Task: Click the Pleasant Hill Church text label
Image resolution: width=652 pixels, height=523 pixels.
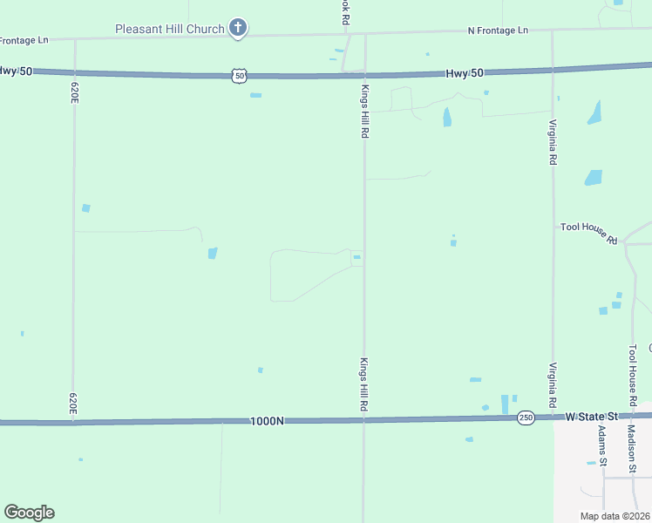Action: coord(170,29)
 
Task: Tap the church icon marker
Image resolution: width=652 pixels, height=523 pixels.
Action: coord(237,28)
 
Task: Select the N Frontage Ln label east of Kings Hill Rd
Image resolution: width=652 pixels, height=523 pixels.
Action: coord(498,31)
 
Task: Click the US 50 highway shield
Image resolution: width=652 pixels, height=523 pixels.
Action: coord(239,77)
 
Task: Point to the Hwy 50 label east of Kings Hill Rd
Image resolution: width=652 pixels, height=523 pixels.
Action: coord(465,74)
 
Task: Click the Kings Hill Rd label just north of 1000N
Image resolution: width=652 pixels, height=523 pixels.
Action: coord(365,385)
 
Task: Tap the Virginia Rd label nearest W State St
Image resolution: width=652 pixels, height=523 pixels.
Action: coord(553,386)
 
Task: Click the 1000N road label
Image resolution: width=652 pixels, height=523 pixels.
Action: coord(267,421)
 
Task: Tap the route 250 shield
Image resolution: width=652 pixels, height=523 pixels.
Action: coord(525,418)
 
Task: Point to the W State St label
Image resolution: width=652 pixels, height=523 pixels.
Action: coord(591,418)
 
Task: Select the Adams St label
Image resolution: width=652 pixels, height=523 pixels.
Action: coord(602,445)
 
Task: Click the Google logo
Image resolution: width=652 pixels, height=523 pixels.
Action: coord(30,513)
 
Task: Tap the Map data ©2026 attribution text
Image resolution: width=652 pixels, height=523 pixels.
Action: coord(615,516)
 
